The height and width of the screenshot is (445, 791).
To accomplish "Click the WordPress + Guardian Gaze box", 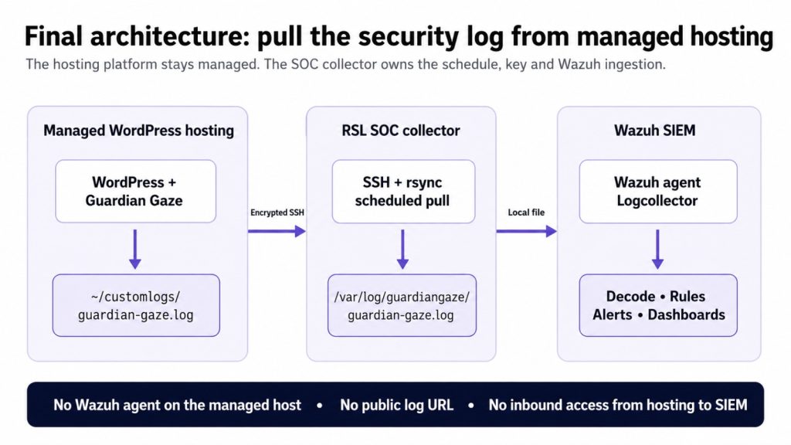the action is click(x=136, y=192).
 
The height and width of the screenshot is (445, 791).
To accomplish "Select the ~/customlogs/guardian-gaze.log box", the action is click(x=136, y=305).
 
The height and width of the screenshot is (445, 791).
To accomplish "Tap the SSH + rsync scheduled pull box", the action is click(x=403, y=192).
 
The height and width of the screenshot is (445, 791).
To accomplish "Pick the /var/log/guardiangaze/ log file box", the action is click(x=402, y=305).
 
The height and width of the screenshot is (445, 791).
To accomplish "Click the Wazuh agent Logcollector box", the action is click(x=658, y=192).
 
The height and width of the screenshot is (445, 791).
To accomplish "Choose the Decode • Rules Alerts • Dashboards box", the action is click(x=658, y=305).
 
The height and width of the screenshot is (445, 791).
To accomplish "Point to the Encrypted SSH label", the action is click(x=277, y=212).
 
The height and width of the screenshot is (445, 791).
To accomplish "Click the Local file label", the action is click(x=526, y=212).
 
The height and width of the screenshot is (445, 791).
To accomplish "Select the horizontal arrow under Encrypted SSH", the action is click(x=277, y=231).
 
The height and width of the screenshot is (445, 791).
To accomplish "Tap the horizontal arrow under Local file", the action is click(x=527, y=231).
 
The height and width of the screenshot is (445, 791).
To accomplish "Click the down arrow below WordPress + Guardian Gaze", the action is click(x=134, y=250).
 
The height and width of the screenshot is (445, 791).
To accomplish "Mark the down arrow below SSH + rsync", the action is click(x=402, y=250).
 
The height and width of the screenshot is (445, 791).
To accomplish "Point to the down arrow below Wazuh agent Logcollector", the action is click(x=657, y=250).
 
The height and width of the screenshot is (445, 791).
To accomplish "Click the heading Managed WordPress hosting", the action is click(x=139, y=131).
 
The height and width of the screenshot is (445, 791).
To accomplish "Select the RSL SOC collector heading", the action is click(x=401, y=131).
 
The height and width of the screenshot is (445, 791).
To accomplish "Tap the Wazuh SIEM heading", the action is click(x=655, y=131).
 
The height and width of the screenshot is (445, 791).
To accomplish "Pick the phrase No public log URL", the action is click(x=396, y=405).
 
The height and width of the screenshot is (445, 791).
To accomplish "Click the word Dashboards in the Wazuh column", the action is click(x=686, y=315).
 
